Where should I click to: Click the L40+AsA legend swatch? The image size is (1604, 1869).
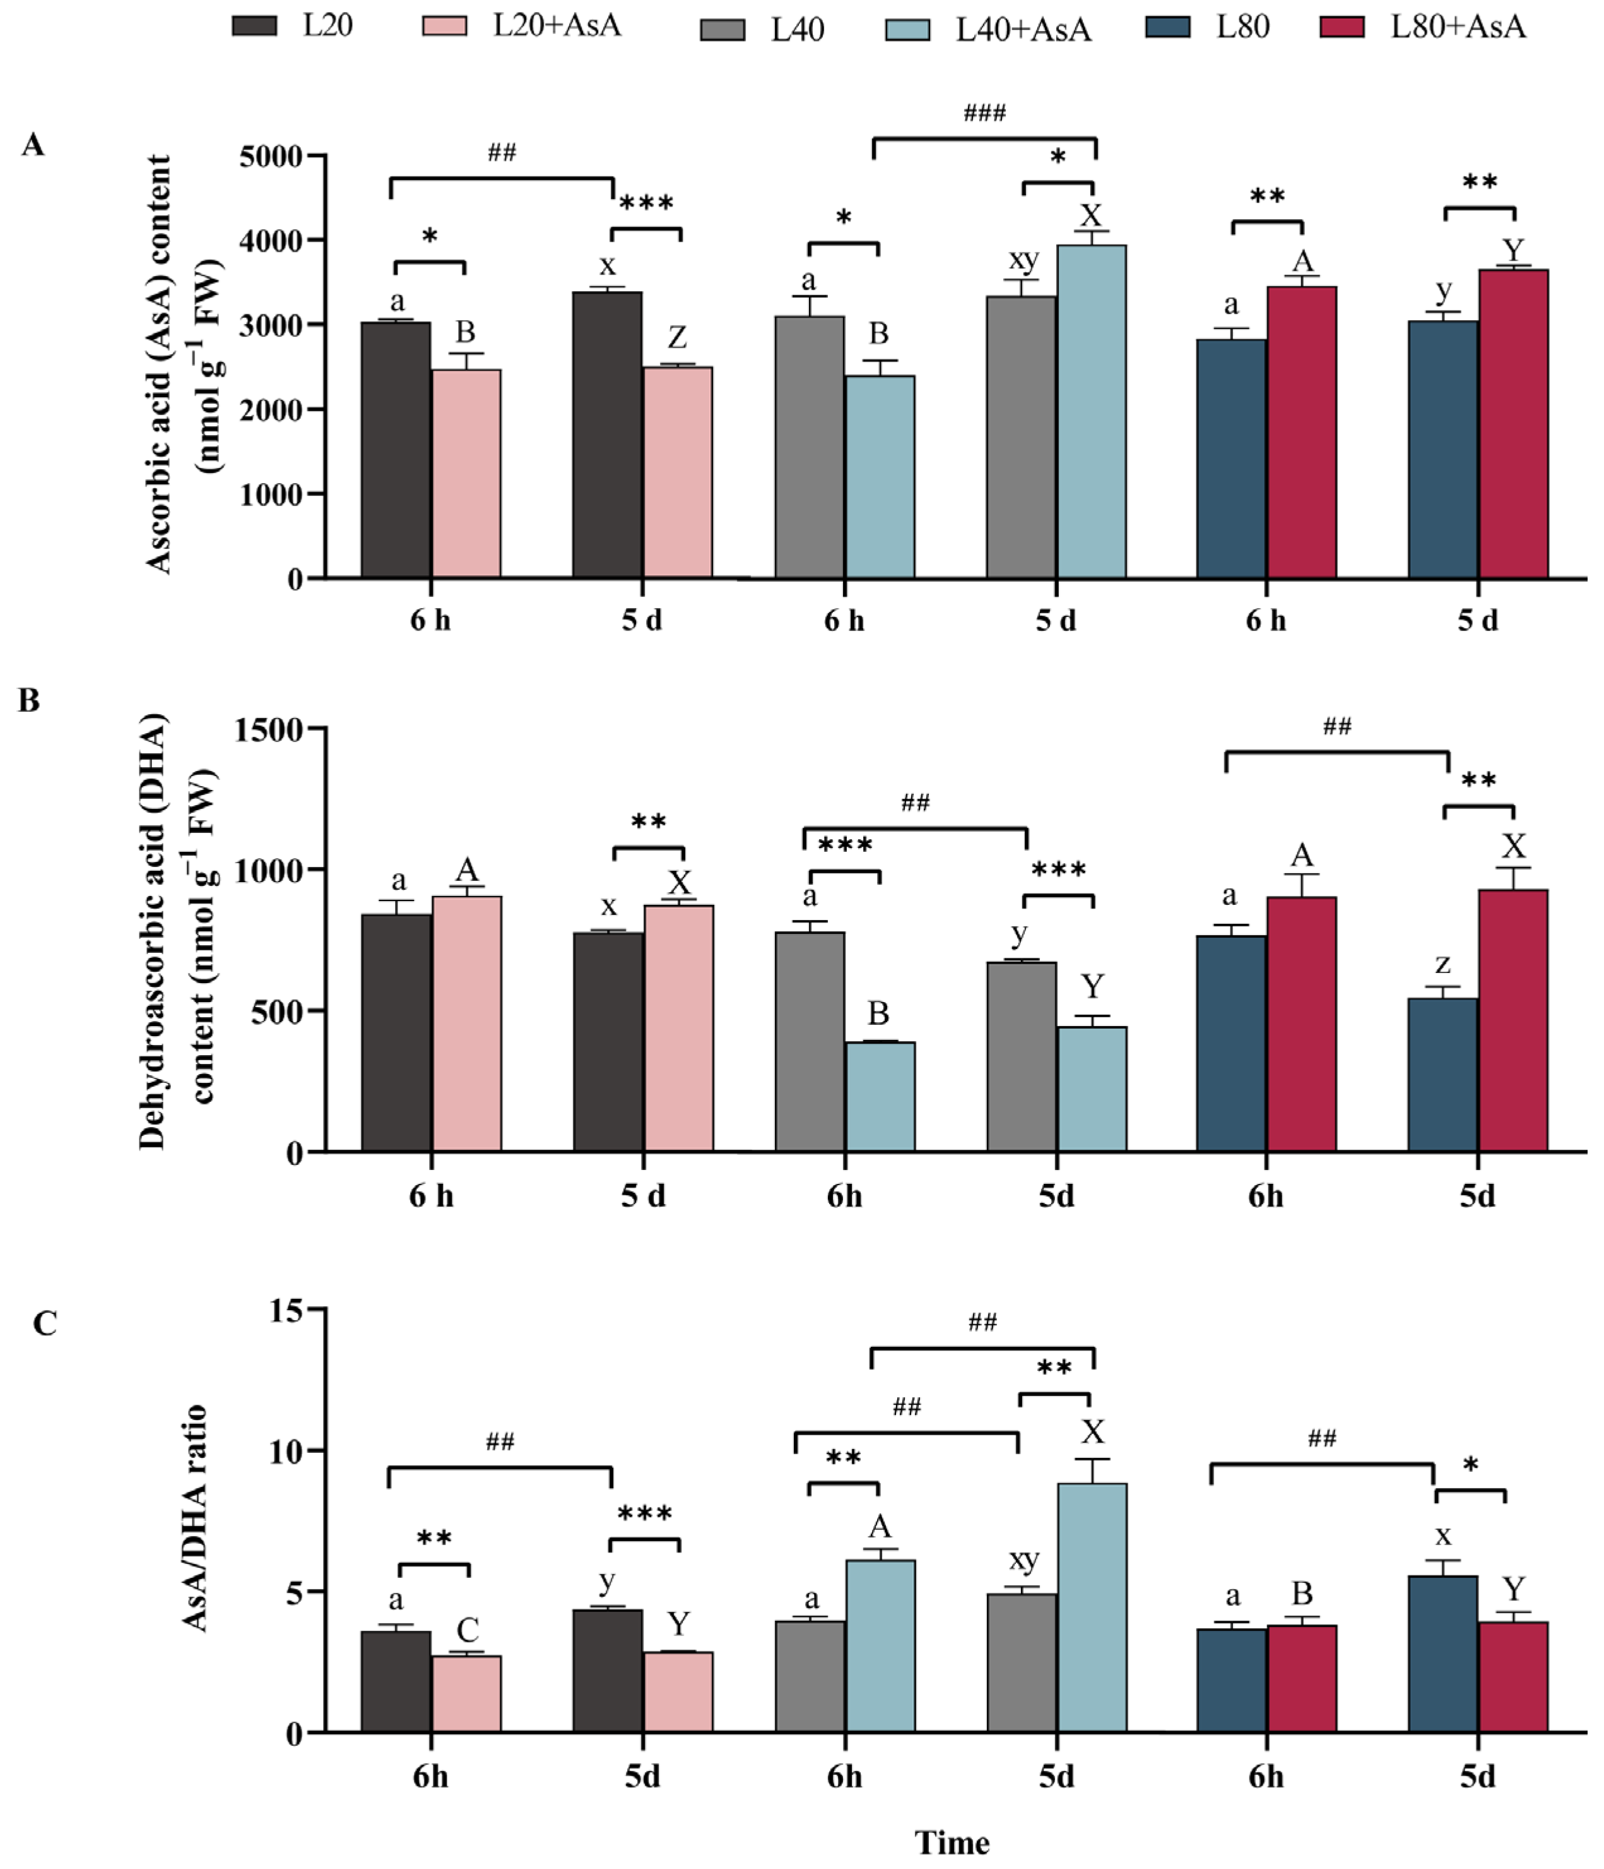point(907,30)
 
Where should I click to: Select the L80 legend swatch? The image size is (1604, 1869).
point(1167,27)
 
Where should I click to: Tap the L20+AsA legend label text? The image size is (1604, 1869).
point(557,25)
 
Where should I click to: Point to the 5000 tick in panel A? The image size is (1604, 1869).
point(271,156)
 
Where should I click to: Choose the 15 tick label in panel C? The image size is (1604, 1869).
point(286,1310)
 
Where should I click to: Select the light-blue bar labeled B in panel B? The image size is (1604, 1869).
point(880,1096)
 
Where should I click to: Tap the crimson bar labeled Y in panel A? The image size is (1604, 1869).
point(1513,424)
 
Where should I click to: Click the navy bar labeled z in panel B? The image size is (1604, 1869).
point(1442,1074)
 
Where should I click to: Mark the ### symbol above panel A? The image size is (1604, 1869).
point(984,113)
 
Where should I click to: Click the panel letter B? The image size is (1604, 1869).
point(29,701)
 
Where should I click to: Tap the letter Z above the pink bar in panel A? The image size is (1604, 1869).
point(677,337)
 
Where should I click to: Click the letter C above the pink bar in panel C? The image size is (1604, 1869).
point(467,1630)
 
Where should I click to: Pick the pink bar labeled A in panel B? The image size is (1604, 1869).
point(467,1024)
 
